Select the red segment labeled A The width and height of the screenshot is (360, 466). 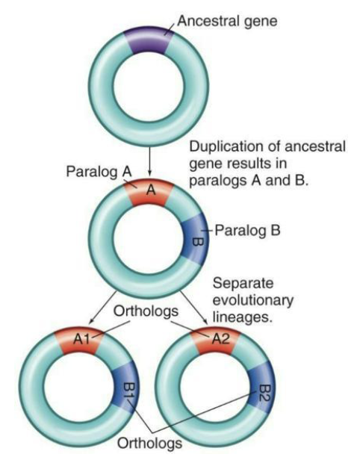click(150, 193)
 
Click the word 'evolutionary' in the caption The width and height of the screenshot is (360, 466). click(251, 301)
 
